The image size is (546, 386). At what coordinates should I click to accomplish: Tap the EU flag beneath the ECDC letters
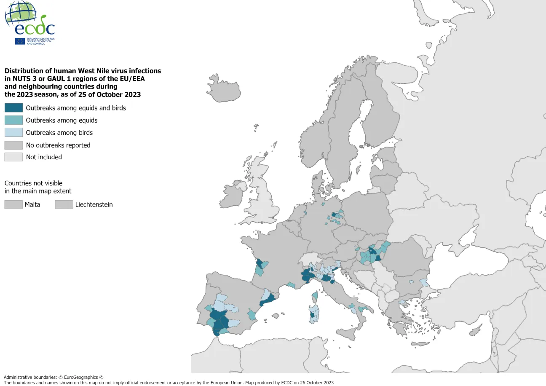tap(20, 41)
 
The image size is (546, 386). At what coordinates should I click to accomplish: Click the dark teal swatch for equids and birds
tap(13, 108)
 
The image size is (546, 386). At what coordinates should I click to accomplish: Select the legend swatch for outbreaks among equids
tap(13, 120)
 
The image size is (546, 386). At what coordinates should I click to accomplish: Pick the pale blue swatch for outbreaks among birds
tap(13, 132)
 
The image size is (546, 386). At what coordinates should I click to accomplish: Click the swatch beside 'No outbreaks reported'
tap(13, 145)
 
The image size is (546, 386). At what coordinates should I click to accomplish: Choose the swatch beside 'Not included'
tap(13, 157)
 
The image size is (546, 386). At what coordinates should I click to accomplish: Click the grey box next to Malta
tap(13, 204)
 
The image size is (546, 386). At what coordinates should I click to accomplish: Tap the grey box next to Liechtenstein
tap(64, 204)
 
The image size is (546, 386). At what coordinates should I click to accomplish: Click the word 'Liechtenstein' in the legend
tap(94, 205)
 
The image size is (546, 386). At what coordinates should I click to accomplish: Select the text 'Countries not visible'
tap(33, 183)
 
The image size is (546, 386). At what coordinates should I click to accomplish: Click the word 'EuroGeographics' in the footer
tap(80, 377)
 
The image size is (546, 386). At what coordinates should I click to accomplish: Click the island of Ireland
tap(233, 195)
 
